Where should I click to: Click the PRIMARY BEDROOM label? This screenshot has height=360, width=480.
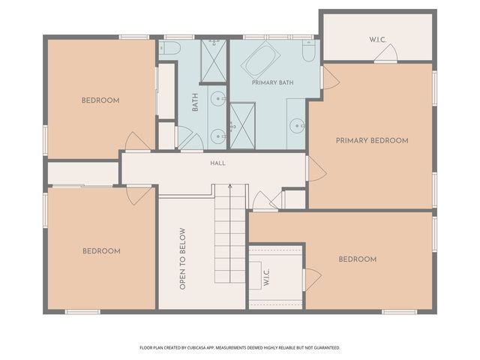coord(372,140)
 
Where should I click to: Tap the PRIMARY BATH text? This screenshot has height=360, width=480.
coord(272,82)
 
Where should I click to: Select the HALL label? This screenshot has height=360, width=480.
coord(218,163)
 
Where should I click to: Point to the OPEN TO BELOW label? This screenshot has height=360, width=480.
coord(182,259)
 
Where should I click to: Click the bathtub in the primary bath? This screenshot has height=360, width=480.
coord(261,60)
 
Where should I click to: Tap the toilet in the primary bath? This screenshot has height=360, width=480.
coord(308,50)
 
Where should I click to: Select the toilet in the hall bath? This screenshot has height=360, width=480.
coord(170,48)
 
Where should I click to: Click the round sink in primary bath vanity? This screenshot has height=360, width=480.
coord(297,126)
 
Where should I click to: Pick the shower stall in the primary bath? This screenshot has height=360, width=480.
coord(242,126)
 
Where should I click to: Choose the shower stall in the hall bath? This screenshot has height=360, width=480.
coord(214,61)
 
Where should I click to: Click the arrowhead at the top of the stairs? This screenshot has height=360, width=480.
coord(230,185)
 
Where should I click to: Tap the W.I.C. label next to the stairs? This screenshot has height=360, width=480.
coord(266,277)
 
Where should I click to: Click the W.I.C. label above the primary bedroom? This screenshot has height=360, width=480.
coord(377,40)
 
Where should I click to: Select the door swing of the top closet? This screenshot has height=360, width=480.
coord(386,53)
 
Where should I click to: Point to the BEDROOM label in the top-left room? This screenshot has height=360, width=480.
coord(100,100)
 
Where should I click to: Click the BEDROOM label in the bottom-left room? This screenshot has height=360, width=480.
coord(101,251)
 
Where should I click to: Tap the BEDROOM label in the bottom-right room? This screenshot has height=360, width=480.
coord(358,259)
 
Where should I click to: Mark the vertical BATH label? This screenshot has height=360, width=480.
coord(195,102)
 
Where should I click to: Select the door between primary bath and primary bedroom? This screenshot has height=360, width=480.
coord(330,78)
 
